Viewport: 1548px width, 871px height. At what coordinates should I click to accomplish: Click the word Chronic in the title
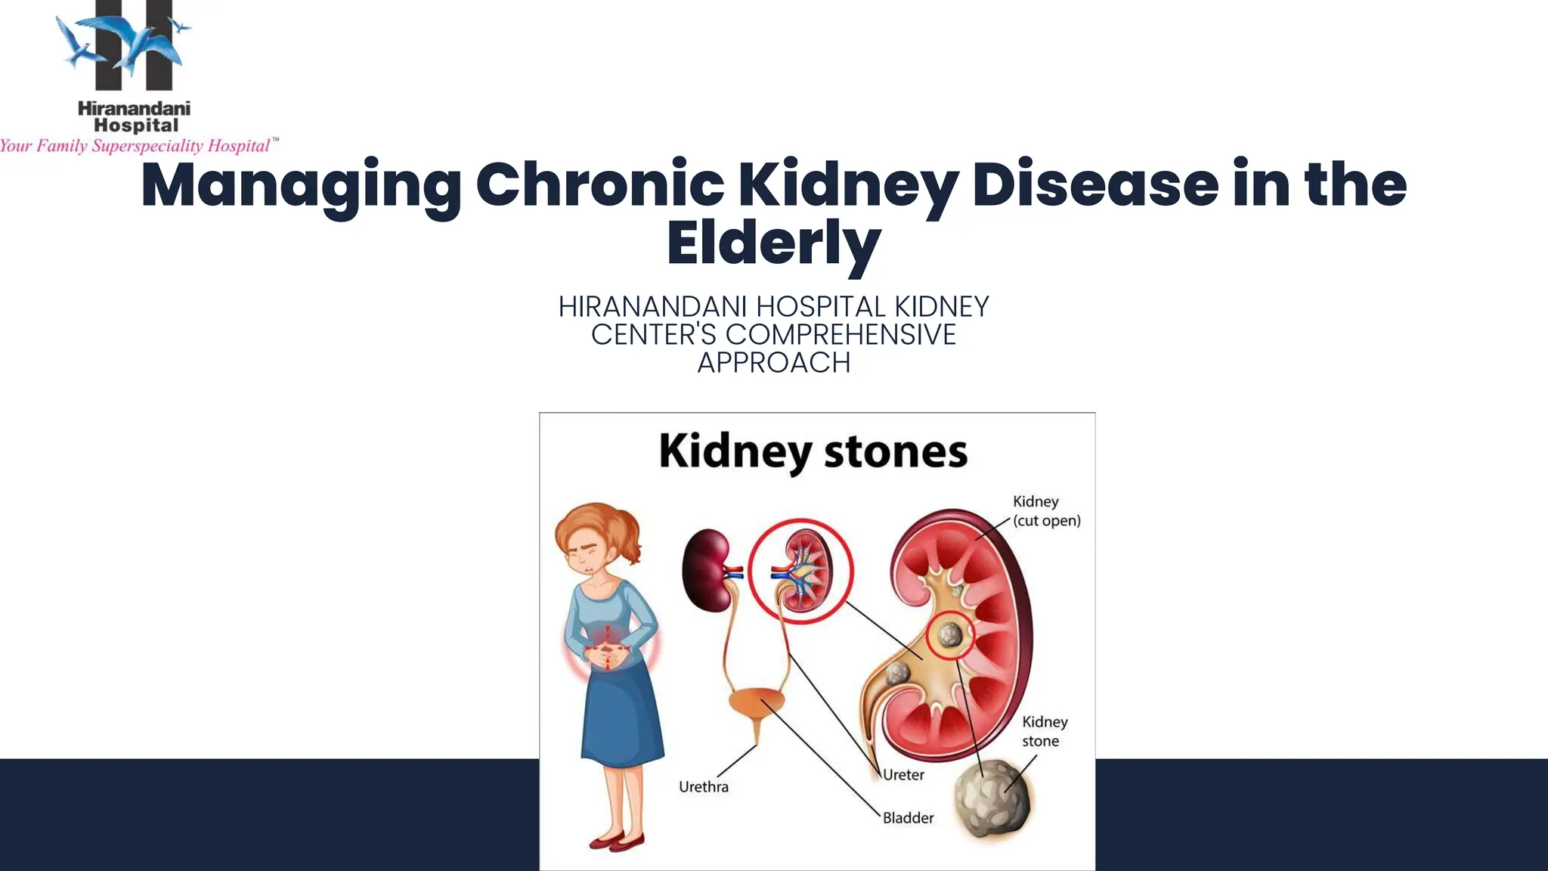599,184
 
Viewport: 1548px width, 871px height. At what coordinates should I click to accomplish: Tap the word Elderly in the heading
773,243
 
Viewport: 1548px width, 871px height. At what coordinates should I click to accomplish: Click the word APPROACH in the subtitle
773,363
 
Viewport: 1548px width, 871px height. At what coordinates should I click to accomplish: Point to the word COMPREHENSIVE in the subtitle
841,335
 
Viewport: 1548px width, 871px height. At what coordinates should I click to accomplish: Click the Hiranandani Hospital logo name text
135,116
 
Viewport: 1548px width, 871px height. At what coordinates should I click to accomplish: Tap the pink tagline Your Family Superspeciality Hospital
136,146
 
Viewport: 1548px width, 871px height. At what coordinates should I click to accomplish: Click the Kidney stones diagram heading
813,452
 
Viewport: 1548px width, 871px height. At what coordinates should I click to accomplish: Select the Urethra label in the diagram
704,787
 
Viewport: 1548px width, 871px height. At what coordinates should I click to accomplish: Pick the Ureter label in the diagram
904,775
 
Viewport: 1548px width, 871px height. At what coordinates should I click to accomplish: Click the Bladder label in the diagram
909,818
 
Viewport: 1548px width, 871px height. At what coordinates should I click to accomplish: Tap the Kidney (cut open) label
1046,511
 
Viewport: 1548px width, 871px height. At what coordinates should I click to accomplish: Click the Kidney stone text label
1044,731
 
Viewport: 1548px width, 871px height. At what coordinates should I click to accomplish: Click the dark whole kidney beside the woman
707,569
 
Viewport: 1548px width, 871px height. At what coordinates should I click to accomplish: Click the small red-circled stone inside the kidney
949,634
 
